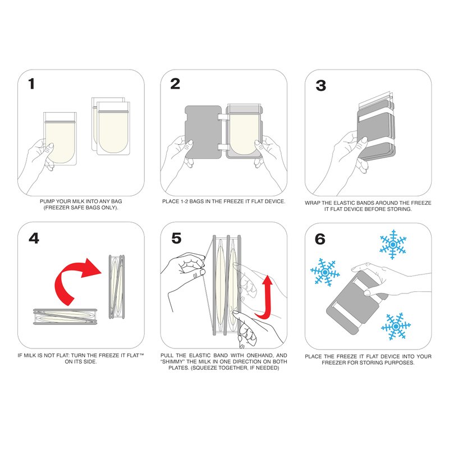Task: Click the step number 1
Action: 31,84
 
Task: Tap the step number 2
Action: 175,84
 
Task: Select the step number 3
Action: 320,85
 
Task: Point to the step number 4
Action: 34,238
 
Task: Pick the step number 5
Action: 176,238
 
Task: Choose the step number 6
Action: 320,239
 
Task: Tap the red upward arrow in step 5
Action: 265,298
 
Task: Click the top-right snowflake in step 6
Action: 393,245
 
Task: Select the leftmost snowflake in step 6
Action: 325,272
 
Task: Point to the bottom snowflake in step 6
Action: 396,326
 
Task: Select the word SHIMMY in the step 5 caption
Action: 173,361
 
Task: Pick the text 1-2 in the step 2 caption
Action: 184,201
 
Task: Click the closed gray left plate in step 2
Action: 203,132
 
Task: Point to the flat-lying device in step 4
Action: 65,317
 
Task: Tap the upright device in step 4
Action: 117,287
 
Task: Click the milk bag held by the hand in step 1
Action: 60,139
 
